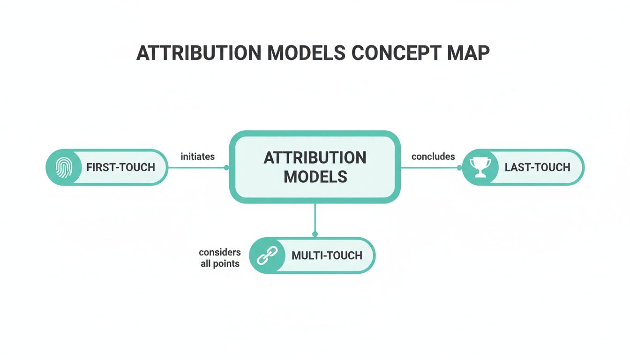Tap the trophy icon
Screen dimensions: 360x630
480,167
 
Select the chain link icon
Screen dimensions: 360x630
267,255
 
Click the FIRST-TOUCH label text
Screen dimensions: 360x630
120,167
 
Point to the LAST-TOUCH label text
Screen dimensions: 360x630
537,167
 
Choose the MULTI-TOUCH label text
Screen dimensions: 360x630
327,255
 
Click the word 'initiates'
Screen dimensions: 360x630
197,157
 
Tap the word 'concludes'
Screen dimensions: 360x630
433,157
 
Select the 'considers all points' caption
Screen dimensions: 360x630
220,258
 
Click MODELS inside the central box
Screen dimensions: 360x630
315,177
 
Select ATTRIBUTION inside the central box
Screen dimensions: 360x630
315,157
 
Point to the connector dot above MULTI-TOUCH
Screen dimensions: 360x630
315,234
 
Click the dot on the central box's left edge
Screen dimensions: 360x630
226,167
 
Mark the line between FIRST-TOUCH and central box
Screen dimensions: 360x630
197,167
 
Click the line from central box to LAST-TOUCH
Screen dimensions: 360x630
431,167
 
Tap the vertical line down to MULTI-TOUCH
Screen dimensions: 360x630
315,218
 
